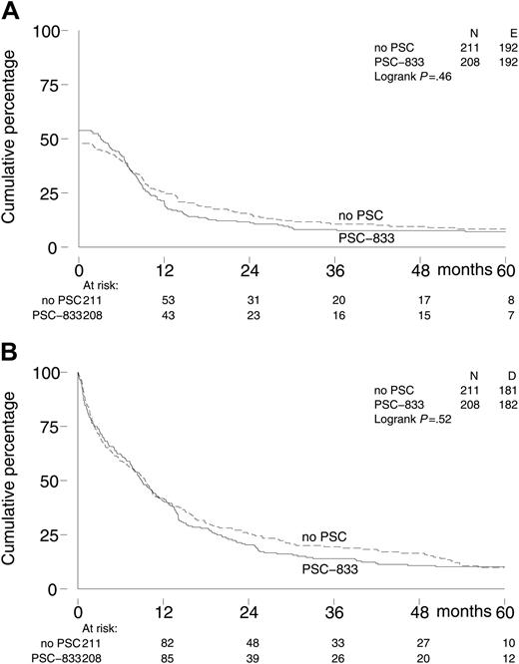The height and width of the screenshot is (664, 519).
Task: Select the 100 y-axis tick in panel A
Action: [48, 32]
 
